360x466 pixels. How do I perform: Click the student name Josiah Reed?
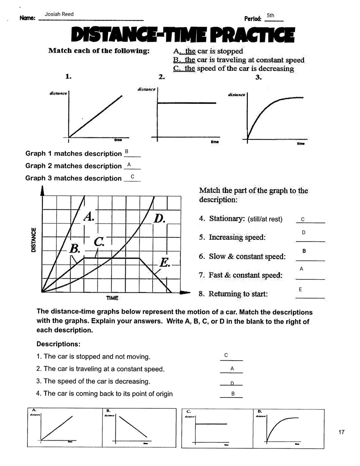[x=59, y=14]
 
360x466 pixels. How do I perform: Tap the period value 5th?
[x=270, y=15]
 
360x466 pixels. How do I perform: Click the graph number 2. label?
[x=162, y=77]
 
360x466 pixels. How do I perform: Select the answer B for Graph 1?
[x=126, y=152]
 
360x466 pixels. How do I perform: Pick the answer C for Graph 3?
[x=132, y=176]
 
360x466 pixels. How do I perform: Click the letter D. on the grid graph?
[x=160, y=219]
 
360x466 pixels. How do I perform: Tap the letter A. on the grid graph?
[x=89, y=217]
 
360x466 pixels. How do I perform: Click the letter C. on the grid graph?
[x=99, y=242]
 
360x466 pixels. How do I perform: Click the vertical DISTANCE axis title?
[x=33, y=240]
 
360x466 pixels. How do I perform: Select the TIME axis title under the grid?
[x=112, y=298]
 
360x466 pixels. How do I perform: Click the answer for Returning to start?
[x=300, y=290]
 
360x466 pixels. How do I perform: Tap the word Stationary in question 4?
[x=227, y=219]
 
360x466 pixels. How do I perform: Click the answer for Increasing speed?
[x=303, y=232]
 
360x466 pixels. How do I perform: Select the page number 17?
[x=341, y=432]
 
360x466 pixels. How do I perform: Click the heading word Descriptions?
[x=58, y=344]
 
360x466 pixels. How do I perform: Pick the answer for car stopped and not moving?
[x=226, y=355]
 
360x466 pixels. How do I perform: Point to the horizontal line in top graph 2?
[x=187, y=103]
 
